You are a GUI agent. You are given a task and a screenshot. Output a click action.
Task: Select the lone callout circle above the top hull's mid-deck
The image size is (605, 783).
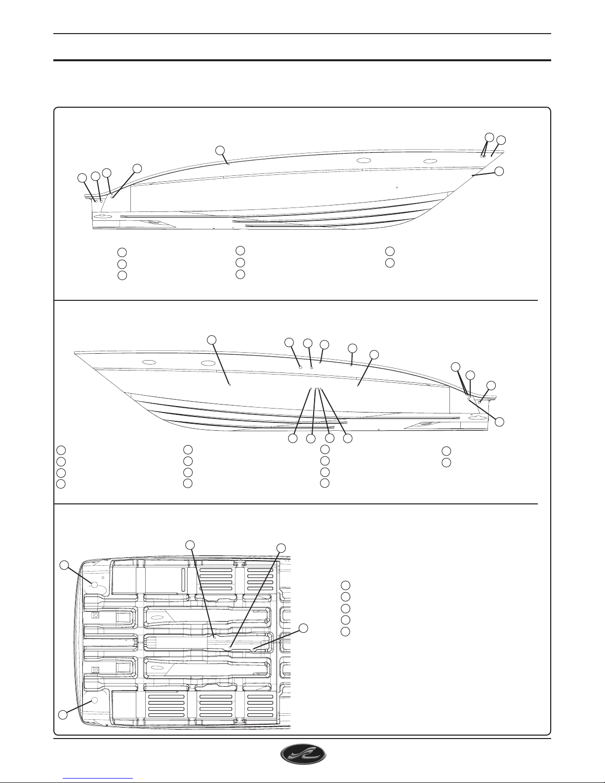(220, 150)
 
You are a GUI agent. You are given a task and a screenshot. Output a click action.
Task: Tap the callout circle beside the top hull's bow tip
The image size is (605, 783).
(499, 171)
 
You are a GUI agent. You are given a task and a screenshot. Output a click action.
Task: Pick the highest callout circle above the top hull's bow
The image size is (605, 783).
(489, 137)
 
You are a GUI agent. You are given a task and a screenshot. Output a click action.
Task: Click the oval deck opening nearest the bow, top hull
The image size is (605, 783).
(431, 161)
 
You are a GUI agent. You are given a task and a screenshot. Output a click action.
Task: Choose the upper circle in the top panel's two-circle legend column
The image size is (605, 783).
(390, 251)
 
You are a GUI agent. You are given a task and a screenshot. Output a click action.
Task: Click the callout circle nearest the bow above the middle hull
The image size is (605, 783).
(212, 339)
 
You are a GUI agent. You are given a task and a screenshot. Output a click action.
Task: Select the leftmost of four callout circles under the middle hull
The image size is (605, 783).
(293, 438)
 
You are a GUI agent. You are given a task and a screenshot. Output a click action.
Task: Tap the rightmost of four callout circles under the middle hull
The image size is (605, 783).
(348, 438)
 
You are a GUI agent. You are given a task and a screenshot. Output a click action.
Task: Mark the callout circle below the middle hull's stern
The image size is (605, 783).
(499, 421)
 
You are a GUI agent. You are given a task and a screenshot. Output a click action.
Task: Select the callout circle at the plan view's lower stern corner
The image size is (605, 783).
(63, 714)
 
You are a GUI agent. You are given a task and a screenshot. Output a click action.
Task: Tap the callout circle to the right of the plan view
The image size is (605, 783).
(303, 628)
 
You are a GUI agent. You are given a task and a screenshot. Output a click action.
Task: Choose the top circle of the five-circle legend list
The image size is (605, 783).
(346, 585)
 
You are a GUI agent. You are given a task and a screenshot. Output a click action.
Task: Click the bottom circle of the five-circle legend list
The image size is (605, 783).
(346, 631)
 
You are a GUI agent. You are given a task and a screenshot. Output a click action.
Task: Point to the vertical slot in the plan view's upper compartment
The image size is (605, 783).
(183, 578)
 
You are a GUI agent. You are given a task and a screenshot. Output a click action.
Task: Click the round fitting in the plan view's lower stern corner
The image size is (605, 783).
(94, 700)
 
